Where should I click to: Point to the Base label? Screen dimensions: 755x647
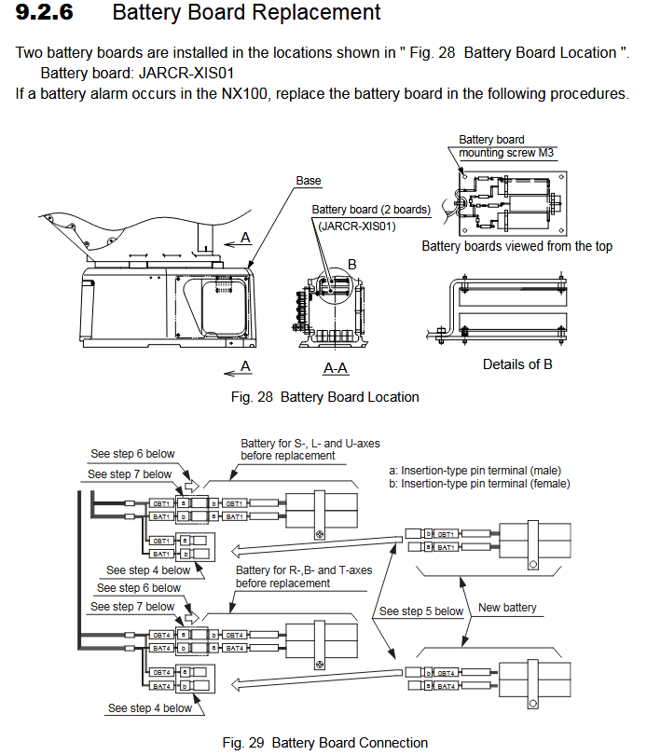[x=308, y=180]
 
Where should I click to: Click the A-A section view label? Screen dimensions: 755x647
[x=336, y=368]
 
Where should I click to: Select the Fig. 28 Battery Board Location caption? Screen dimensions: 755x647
[x=324, y=397]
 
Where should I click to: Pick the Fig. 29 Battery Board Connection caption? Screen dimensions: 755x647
[x=325, y=743]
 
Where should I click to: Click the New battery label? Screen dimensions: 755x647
[x=507, y=608]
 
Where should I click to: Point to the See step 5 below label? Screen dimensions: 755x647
[x=420, y=611]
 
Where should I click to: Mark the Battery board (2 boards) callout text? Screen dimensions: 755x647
[x=370, y=210]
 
